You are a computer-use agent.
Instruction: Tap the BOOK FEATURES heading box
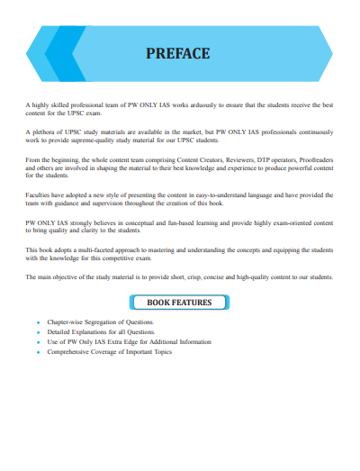click(179, 303)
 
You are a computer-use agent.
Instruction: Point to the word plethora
click(49, 132)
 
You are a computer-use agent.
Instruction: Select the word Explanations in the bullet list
click(90, 331)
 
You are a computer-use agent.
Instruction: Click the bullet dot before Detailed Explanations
click(38, 332)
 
